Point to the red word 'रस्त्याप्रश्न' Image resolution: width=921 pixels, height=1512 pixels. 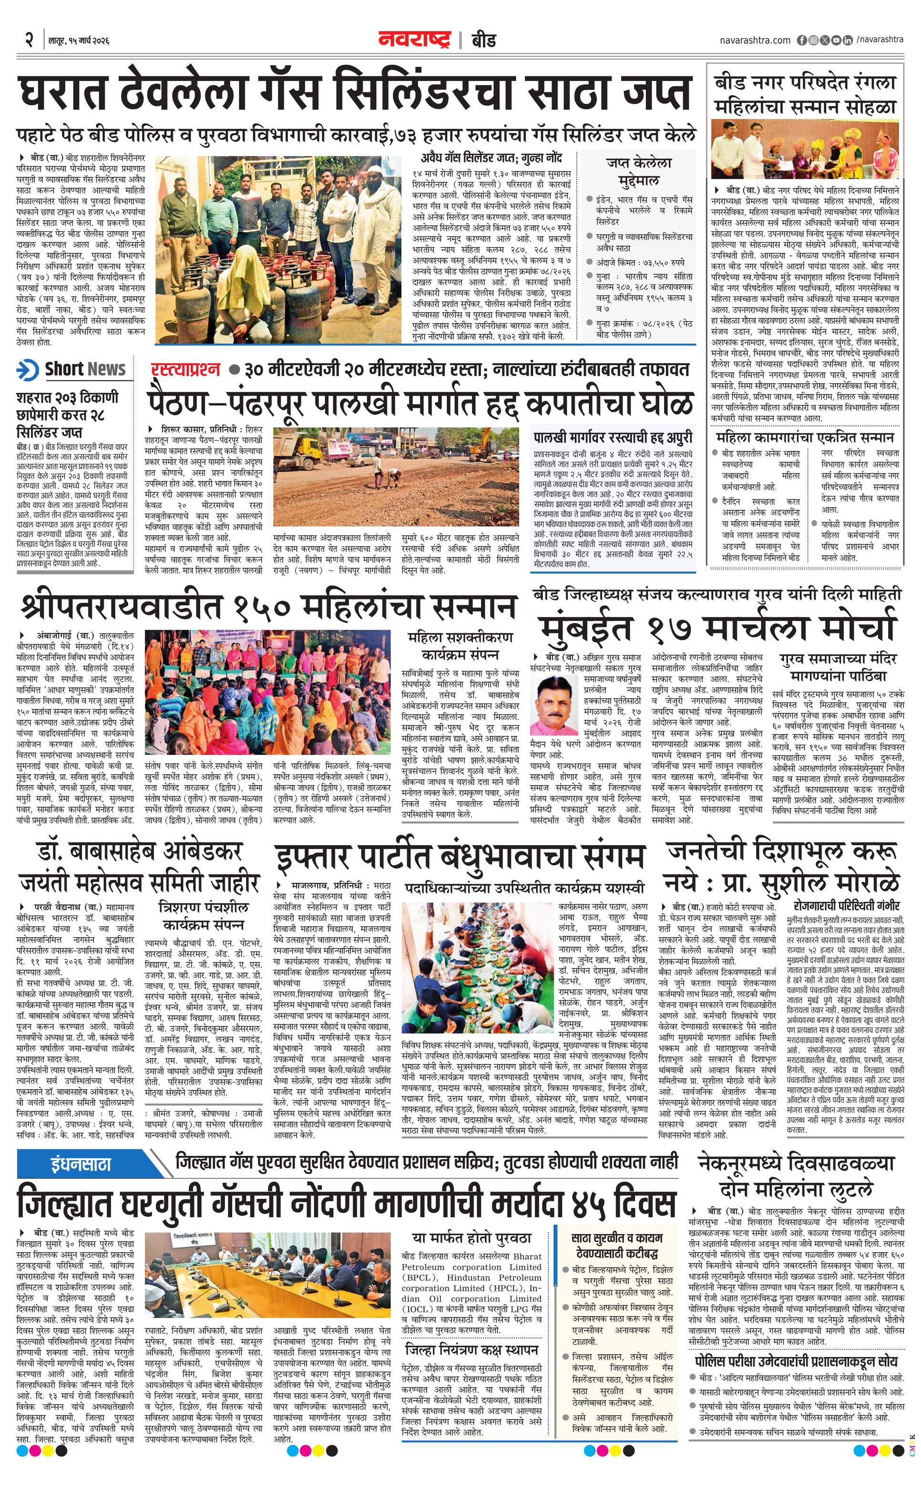[x=184, y=369]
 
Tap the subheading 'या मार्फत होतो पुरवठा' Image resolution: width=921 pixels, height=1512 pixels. [x=471, y=1238]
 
